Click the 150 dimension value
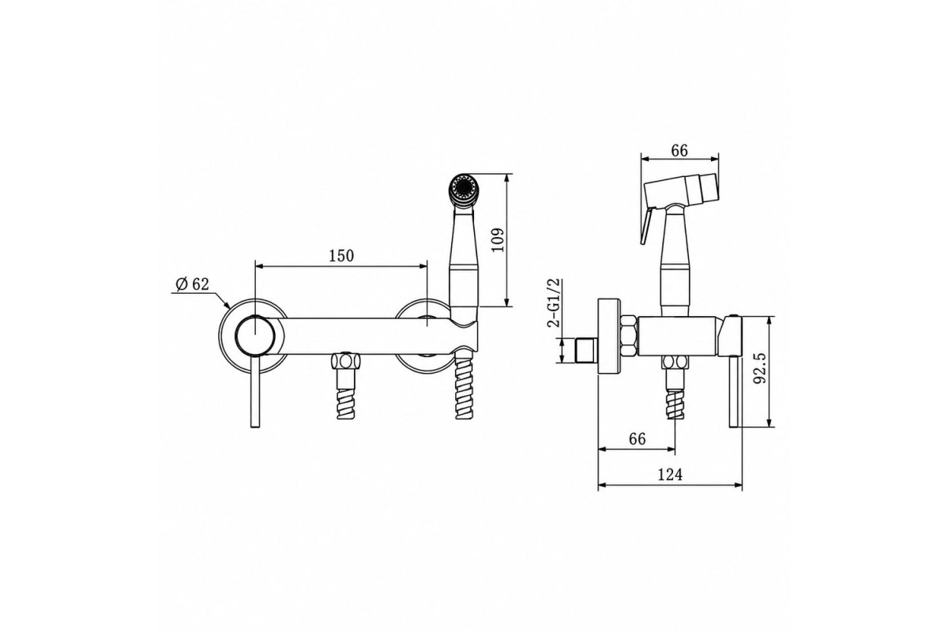click(x=341, y=256)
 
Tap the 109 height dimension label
click(x=498, y=240)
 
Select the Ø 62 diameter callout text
click(x=193, y=284)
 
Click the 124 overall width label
click(x=671, y=475)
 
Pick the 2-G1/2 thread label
click(x=554, y=303)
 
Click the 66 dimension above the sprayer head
click(x=679, y=150)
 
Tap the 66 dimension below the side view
click(x=638, y=439)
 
